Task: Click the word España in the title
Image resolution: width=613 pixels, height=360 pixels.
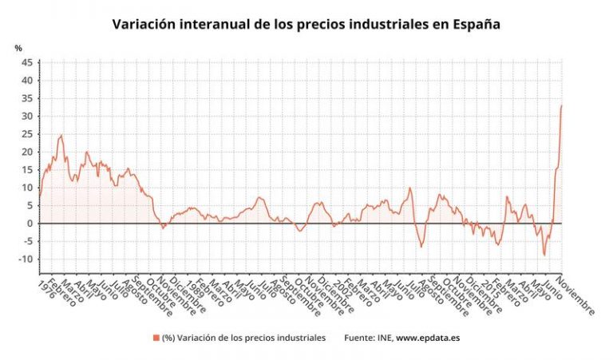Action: click(477, 24)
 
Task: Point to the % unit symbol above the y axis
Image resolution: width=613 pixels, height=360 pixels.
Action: click(18, 48)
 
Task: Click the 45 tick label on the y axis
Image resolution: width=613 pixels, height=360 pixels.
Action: click(27, 62)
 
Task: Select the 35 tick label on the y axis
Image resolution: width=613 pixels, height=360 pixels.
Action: click(27, 98)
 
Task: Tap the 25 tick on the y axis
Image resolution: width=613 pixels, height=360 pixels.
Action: click(27, 134)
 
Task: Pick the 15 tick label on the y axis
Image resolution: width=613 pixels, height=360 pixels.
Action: click(27, 169)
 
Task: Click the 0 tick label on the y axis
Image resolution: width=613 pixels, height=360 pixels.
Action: click(30, 224)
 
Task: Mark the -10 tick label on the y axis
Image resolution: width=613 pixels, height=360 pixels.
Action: click(26, 259)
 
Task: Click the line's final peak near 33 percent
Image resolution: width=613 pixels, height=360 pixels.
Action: click(561, 105)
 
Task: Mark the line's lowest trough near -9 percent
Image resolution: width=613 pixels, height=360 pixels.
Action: click(544, 255)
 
